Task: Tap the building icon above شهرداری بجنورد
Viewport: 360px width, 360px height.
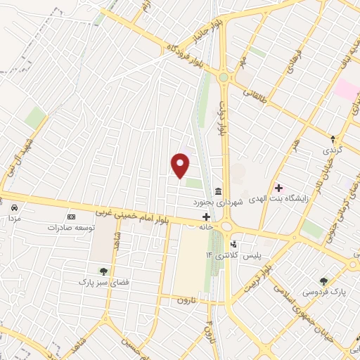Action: (218, 191)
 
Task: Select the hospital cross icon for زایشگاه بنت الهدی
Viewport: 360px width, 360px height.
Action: (278, 188)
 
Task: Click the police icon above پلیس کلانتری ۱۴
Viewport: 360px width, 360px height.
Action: (233, 244)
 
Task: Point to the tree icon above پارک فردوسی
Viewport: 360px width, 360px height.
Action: (323, 279)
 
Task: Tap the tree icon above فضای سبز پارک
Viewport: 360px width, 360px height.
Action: (103, 270)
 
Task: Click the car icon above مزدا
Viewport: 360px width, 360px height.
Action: (13, 207)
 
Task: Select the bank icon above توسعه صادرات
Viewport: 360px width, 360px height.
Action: (70, 217)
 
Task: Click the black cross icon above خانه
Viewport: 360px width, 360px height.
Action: (206, 217)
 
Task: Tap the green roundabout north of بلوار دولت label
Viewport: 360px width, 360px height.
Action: (224, 77)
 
